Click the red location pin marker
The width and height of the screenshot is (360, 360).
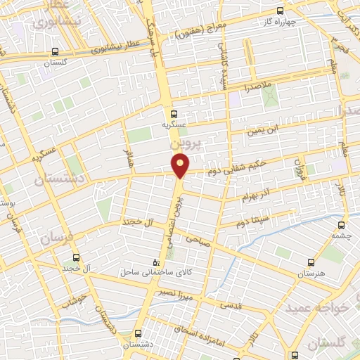pos(181,166)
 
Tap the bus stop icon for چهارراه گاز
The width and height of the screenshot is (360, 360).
pos(281,10)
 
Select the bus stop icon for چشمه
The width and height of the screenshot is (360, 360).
pos(341,226)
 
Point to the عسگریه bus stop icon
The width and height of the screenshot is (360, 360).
pos(174,112)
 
